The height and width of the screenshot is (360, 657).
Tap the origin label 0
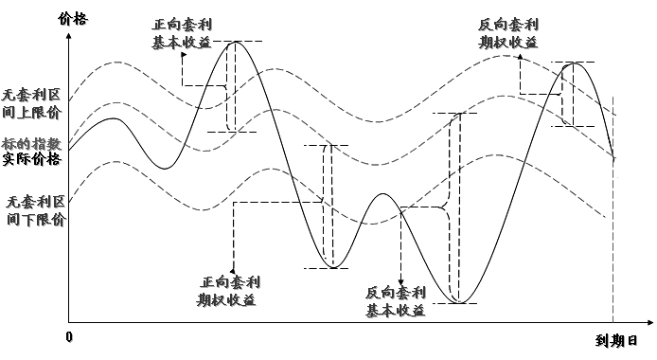click(x=68, y=337)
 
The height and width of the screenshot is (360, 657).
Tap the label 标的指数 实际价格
click(x=32, y=151)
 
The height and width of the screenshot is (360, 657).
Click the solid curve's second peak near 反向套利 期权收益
click(x=569, y=63)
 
